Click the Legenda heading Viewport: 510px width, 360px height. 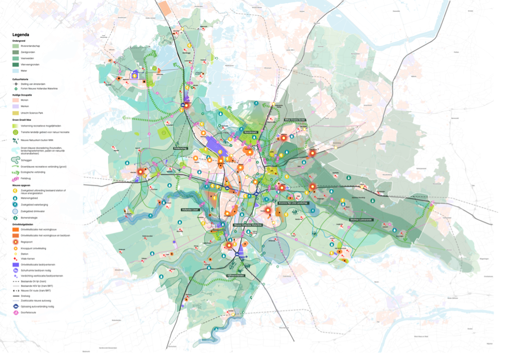pyautogui.click(x=21, y=35)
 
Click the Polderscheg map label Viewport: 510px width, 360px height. pyautogui.click(x=181, y=149)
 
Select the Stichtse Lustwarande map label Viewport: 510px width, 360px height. pyautogui.click(x=360, y=220)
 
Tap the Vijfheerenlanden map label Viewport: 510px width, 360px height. pyautogui.click(x=236, y=276)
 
